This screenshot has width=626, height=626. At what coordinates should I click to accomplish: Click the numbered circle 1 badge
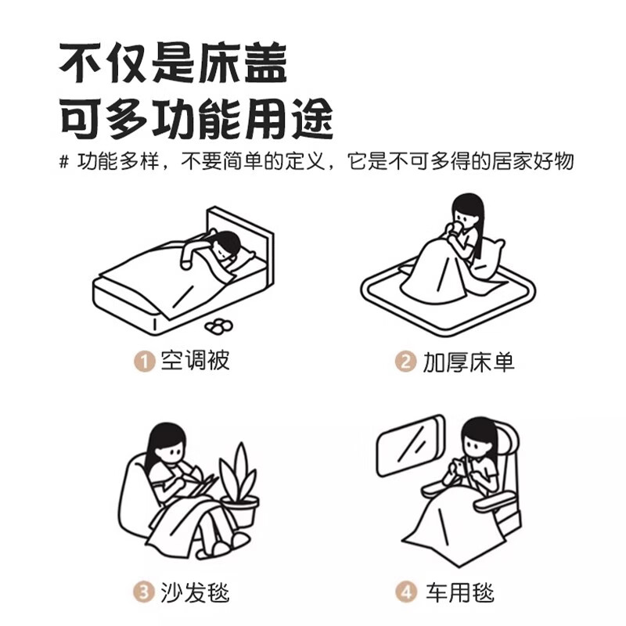click(x=144, y=362)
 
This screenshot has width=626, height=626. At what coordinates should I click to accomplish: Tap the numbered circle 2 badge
click(x=405, y=362)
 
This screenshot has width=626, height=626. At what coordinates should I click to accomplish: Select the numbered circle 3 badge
click(x=144, y=592)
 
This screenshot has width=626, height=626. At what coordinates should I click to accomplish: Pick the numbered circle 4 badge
click(x=406, y=592)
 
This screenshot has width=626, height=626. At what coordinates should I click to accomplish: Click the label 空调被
click(x=195, y=361)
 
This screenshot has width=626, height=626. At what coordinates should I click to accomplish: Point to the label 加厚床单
click(x=469, y=362)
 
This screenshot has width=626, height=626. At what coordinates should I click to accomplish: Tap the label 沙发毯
click(x=195, y=592)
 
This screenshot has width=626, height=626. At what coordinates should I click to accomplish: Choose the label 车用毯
click(x=460, y=592)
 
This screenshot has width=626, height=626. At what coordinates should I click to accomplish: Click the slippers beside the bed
click(x=218, y=326)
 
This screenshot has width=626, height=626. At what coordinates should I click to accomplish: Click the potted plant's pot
click(x=241, y=511)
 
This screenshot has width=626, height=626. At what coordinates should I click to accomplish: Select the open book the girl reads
click(x=203, y=486)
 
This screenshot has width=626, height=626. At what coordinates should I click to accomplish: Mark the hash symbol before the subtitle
click(x=64, y=162)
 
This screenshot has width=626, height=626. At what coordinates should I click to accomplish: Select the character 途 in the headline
click(x=311, y=119)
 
